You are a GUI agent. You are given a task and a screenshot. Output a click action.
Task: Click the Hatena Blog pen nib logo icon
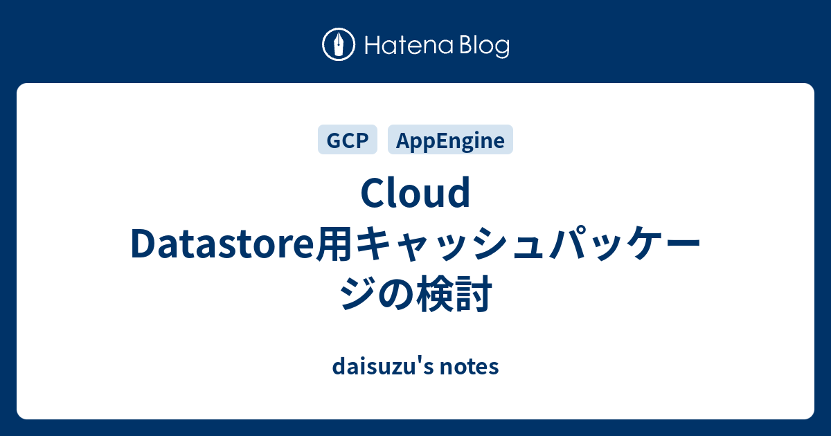tap(339, 44)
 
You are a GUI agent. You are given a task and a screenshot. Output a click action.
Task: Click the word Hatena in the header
tap(409, 45)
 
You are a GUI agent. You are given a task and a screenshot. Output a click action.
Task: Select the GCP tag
tap(348, 139)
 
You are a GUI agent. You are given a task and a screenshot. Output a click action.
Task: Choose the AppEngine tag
tap(450, 139)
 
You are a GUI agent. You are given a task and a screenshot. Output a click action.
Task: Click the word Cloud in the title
tap(415, 193)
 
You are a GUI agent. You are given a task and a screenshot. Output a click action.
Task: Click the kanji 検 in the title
tap(435, 293)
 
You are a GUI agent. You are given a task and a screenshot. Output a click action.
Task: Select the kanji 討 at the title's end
tap(474, 293)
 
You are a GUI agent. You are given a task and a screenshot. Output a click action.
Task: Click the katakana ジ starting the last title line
tap(358, 293)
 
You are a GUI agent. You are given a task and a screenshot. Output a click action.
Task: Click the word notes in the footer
tap(470, 367)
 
